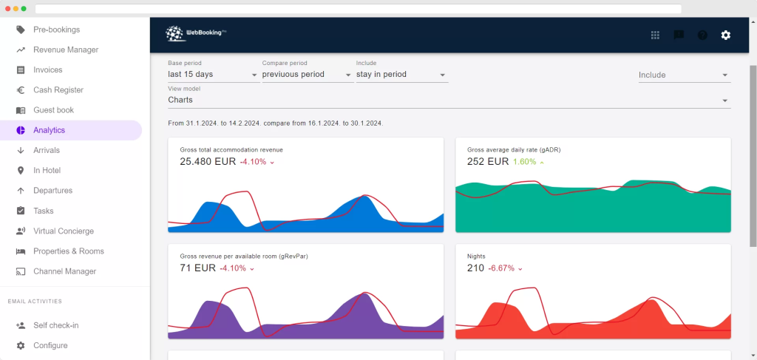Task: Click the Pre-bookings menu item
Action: coord(56,30)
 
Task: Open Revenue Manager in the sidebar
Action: coord(65,50)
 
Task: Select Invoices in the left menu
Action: coord(47,69)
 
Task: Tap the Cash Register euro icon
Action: coord(21,90)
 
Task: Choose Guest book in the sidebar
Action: coord(53,110)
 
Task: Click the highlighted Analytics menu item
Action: coord(49,130)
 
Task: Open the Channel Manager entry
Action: coord(64,271)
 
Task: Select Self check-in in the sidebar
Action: coord(55,325)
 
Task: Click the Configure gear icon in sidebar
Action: coord(21,345)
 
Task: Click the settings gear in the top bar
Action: coord(726,35)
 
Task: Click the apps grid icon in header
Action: coord(655,35)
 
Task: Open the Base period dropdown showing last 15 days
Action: coord(213,75)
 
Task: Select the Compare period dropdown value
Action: coord(307,75)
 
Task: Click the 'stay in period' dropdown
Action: coord(401,75)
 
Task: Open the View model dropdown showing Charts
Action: coord(449,100)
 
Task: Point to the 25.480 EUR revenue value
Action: coord(208,162)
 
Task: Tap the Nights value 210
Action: coord(475,268)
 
